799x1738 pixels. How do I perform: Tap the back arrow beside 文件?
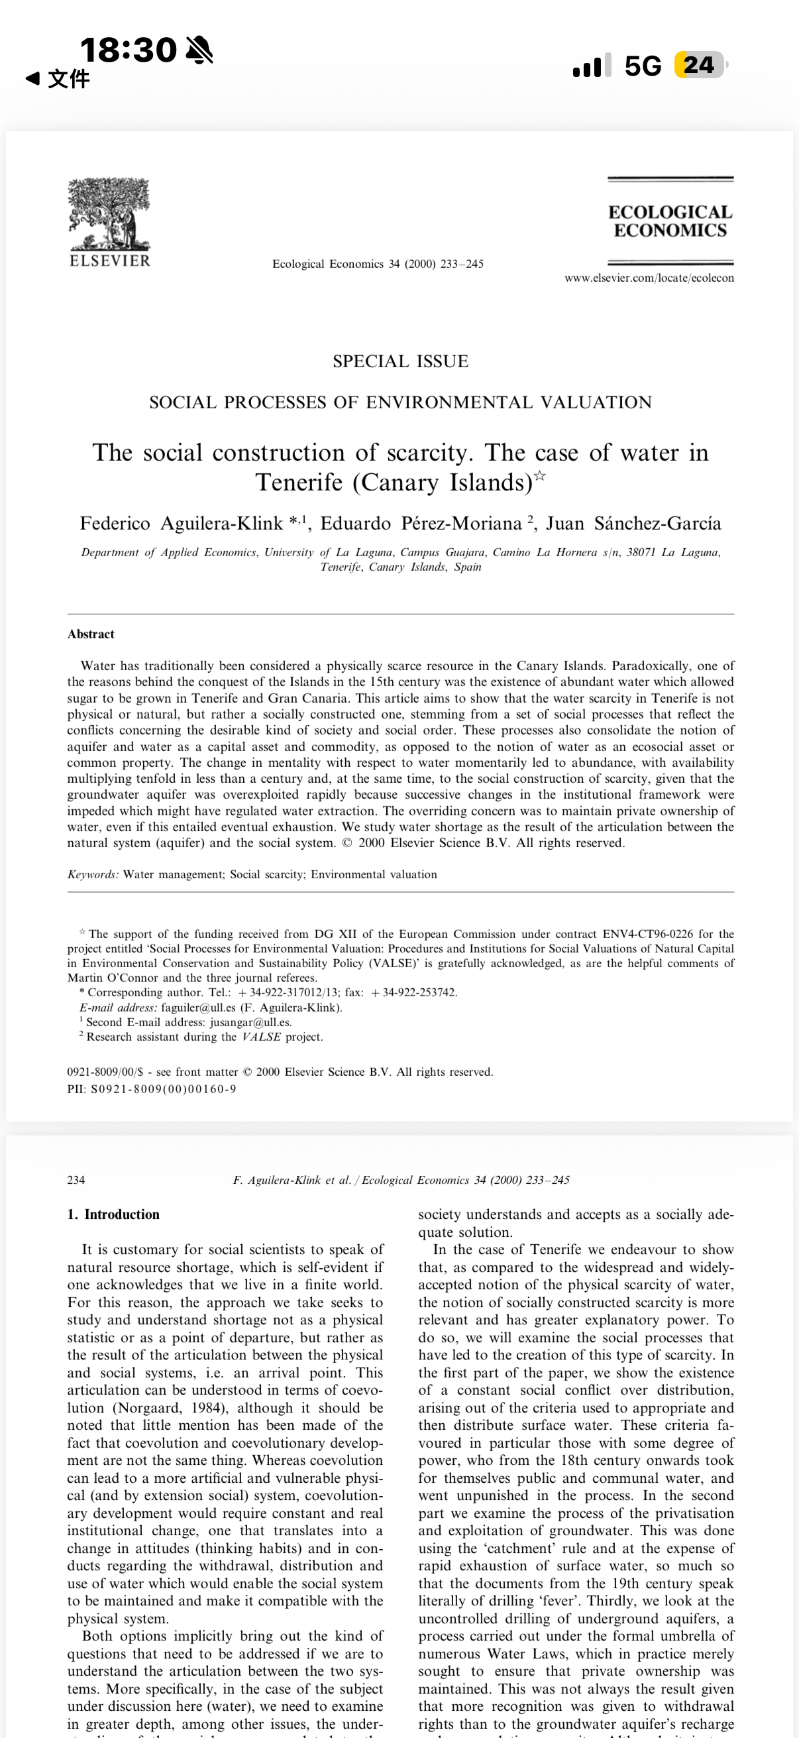point(32,79)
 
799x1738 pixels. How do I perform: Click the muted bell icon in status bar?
point(199,50)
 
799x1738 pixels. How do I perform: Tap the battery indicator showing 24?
point(700,66)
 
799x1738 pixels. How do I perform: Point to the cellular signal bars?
point(592,66)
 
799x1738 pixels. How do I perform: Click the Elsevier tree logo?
point(109,215)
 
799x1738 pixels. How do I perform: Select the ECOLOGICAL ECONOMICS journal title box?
point(670,221)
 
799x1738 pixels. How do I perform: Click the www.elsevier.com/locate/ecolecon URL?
point(649,278)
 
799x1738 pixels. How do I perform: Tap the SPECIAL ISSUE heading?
point(401,362)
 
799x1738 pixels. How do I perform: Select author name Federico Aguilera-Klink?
point(182,524)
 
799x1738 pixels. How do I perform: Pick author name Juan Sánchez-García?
point(634,524)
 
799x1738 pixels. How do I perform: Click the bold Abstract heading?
point(91,634)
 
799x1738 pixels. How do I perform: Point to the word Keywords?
point(93,874)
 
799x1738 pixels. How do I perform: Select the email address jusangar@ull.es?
point(251,1022)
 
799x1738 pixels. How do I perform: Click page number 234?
point(76,1180)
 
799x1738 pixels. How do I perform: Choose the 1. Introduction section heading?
point(113,1214)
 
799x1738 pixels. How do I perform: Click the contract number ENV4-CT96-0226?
point(647,934)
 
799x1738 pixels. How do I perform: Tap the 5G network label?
point(643,66)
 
